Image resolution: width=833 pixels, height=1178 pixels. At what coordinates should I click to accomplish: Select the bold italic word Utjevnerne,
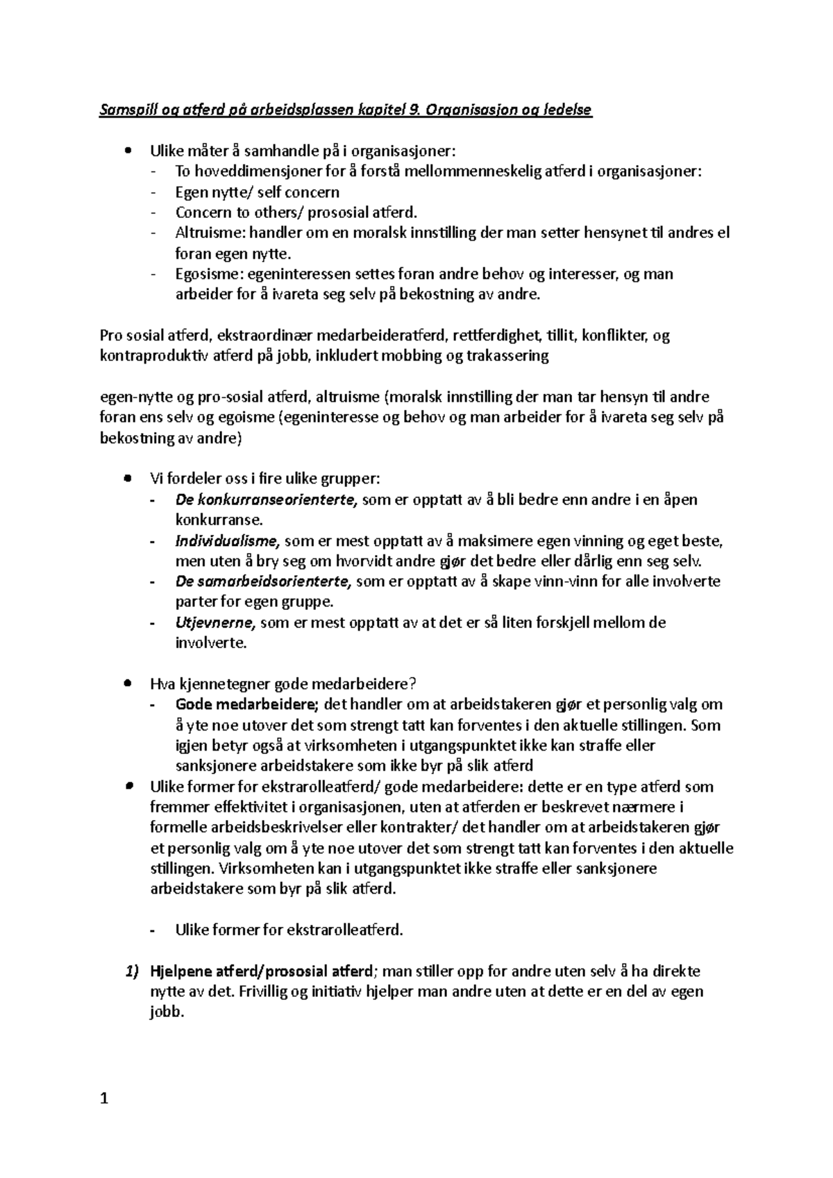[x=216, y=622]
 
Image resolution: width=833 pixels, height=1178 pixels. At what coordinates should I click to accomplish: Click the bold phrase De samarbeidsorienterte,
[x=264, y=581]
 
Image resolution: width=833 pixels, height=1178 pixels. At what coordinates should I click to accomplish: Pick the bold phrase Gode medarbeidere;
[x=247, y=705]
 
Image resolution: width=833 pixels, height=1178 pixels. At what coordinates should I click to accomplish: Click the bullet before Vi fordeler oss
[x=126, y=479]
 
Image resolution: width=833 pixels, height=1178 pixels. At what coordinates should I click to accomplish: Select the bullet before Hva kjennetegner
[x=126, y=683]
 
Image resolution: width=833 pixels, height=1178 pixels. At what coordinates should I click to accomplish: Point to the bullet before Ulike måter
[x=126, y=151]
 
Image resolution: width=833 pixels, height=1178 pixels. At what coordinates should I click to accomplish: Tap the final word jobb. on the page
[x=167, y=1012]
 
